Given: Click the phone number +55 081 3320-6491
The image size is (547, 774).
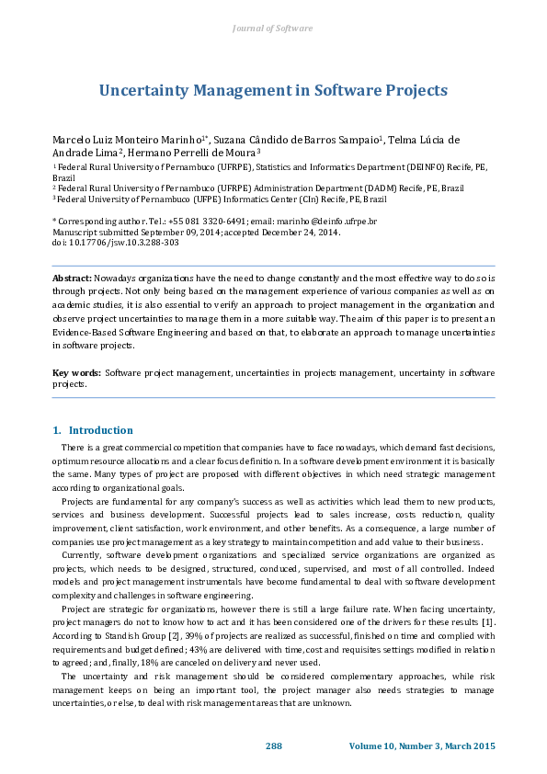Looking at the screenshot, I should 210,222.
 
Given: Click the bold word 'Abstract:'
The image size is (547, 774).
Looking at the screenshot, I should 72,277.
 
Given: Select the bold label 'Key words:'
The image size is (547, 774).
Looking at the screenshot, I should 76,372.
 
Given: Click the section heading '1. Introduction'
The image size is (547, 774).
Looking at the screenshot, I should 93,430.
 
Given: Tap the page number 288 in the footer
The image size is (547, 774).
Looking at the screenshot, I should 273,745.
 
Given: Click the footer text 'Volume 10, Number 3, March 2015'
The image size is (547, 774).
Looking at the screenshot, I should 422,745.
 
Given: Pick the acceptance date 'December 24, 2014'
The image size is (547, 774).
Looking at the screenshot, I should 298,232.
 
